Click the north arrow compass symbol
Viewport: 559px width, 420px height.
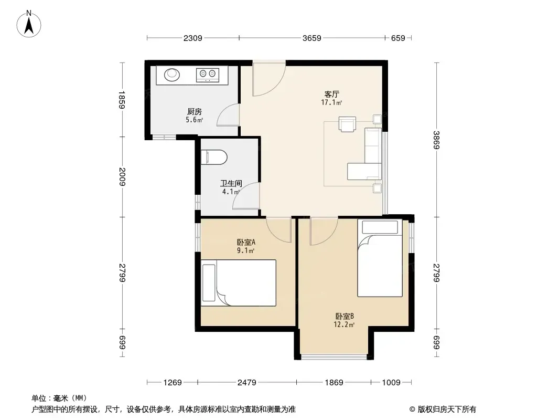point(29,24)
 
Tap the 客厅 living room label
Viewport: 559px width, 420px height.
point(331,94)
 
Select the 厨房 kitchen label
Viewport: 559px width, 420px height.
point(195,112)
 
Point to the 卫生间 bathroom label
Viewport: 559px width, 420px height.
point(231,183)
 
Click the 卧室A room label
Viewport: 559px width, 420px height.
point(246,243)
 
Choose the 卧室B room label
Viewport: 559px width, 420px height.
point(345,316)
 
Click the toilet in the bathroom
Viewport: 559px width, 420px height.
point(214,157)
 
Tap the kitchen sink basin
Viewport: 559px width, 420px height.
point(172,74)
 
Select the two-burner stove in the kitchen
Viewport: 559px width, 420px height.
point(208,75)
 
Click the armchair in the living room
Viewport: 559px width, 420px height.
point(347,124)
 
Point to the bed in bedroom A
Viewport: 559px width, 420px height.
point(239,282)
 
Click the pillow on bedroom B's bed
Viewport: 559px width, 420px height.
point(380,227)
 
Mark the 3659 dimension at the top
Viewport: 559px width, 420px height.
point(312,38)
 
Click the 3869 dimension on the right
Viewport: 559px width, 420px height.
point(437,140)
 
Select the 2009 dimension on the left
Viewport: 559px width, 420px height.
point(122,176)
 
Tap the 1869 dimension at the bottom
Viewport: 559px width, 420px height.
point(334,383)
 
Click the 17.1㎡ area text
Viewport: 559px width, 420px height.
point(331,103)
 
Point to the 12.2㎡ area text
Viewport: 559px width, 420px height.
point(344,325)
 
